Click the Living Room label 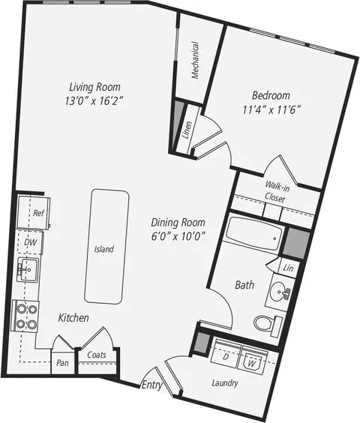coord(94,87)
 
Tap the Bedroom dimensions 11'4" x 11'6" coord(271,110)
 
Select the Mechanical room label coord(195,60)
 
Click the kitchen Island coord(106,247)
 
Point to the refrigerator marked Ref coord(34,213)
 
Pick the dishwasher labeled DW coord(30,242)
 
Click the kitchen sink coord(28,269)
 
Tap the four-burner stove coord(25,316)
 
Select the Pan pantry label coord(62,363)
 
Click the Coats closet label coord(97,355)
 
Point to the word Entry coord(152,385)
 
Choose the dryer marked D coord(226,354)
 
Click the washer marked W coord(253,360)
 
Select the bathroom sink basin coord(277,291)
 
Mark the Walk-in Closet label coord(276,191)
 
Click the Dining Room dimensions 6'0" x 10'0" coord(177,236)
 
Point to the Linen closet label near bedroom coord(187,130)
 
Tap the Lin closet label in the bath coord(288,268)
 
